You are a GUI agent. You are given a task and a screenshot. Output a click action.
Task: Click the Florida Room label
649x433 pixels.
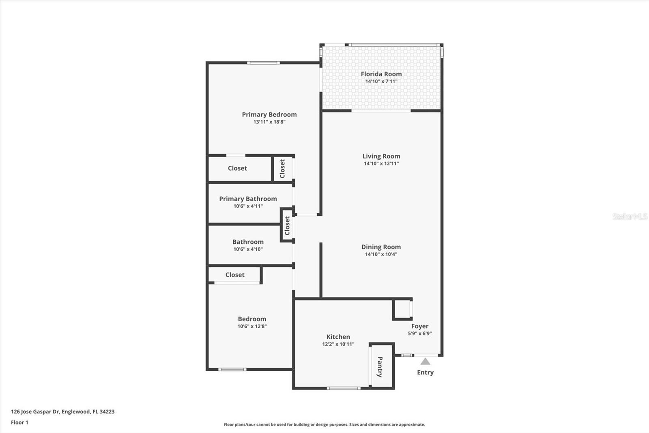(381, 74)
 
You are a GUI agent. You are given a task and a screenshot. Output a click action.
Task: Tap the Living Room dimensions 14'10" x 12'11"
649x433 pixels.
(381, 163)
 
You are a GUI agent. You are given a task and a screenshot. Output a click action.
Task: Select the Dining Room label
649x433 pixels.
(381, 247)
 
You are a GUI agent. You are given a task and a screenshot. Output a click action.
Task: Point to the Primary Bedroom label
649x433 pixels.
(269, 115)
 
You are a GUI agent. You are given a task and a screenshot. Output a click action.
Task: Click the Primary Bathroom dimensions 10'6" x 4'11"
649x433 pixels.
(248, 206)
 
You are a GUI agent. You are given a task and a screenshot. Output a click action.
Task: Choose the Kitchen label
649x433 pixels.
(338, 337)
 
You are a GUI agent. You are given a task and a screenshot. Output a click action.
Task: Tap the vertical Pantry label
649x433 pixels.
(380, 367)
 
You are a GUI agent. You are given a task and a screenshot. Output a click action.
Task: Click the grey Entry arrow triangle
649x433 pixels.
(425, 362)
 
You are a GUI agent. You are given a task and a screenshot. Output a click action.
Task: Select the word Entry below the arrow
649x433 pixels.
(425, 372)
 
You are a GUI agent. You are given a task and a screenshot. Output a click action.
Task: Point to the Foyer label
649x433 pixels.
(420, 326)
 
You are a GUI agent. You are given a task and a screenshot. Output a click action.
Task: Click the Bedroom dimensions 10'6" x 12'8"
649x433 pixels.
(252, 326)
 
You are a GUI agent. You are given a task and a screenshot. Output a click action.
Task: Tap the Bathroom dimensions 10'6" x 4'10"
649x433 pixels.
(248, 249)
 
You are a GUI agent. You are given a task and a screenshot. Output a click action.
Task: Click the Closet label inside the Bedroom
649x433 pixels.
(235, 275)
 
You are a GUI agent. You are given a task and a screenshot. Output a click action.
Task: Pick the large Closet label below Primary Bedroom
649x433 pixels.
(237, 168)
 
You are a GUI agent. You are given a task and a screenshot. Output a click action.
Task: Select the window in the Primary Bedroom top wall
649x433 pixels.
(263, 63)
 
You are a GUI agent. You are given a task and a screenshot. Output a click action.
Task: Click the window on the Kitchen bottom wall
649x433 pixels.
(344, 388)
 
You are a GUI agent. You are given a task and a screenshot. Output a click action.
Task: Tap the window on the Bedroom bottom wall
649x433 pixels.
(232, 370)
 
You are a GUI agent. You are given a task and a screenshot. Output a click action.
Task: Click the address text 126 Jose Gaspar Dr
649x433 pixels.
(35, 411)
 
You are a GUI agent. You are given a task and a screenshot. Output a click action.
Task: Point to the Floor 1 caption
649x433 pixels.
(20, 422)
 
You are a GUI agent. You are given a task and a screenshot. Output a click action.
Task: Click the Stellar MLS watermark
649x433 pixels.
(630, 216)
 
